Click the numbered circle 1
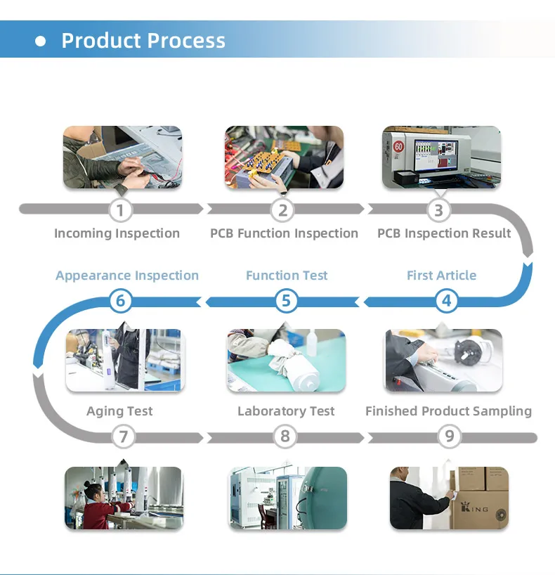pyautogui.click(x=120, y=209)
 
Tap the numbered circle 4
pyautogui.click(x=446, y=301)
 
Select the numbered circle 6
pyautogui.click(x=120, y=301)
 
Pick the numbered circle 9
pyautogui.click(x=449, y=437)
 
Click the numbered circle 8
pyautogui.click(x=285, y=437)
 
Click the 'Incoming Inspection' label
pyautogui.click(x=117, y=233)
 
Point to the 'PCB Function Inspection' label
pyautogui.click(x=284, y=233)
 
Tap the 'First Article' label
pyautogui.click(x=441, y=276)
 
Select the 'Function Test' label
pyautogui.click(x=287, y=276)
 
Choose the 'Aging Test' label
pyautogui.click(x=119, y=411)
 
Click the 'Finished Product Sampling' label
pyautogui.click(x=448, y=411)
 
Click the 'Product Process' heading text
pyautogui.click(x=143, y=40)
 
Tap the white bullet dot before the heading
pyautogui.click(x=41, y=41)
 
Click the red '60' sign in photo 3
pyautogui.click(x=398, y=148)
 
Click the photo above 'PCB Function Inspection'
pyautogui.click(x=284, y=157)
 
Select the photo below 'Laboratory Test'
pyautogui.click(x=287, y=498)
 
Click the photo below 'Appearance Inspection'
pyautogui.click(x=124, y=360)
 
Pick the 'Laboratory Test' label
pyautogui.click(x=286, y=411)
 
